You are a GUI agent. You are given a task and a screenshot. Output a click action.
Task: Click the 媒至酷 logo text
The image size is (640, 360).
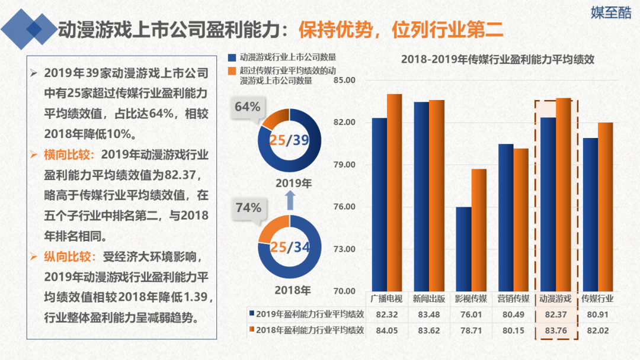(611, 13)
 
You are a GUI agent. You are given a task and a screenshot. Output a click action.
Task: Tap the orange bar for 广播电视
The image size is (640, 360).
(394, 192)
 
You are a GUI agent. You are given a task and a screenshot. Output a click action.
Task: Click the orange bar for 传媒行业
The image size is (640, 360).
(605, 207)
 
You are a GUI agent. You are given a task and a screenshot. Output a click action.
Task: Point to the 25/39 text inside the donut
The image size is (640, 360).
(289, 140)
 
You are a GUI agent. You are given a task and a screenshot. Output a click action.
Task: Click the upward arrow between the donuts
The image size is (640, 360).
(290, 201)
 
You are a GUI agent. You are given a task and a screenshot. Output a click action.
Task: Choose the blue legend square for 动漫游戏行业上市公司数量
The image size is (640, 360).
(232, 57)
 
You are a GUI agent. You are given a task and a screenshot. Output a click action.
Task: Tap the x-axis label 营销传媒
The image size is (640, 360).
(513, 298)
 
